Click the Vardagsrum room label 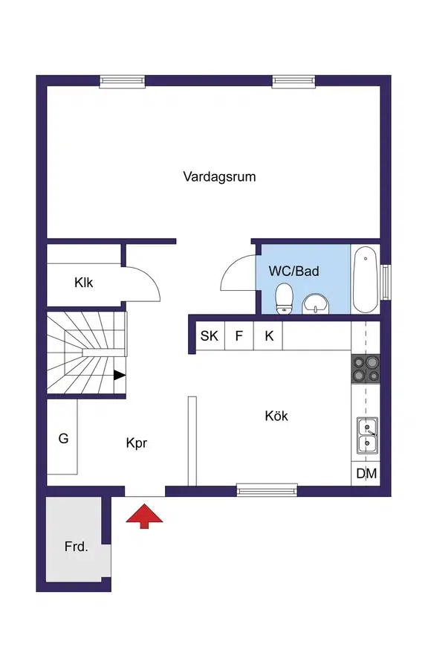click(x=219, y=176)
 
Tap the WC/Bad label click(x=294, y=271)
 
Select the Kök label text click(x=276, y=416)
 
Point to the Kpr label click(x=137, y=443)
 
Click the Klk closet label click(x=83, y=283)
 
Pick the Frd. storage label click(x=76, y=547)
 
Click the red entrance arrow click(x=144, y=515)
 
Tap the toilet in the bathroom click(x=285, y=299)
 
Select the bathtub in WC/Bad click(x=365, y=280)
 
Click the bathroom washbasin click(x=316, y=304)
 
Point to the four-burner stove click(x=366, y=369)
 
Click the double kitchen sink click(x=367, y=435)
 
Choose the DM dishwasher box click(x=366, y=474)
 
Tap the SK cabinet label click(x=209, y=335)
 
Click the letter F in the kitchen click(x=239, y=335)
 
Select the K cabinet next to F click(x=269, y=335)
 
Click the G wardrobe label click(x=63, y=438)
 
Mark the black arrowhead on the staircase click(x=120, y=376)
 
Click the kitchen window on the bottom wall click(x=267, y=490)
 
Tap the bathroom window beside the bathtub click(x=386, y=283)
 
